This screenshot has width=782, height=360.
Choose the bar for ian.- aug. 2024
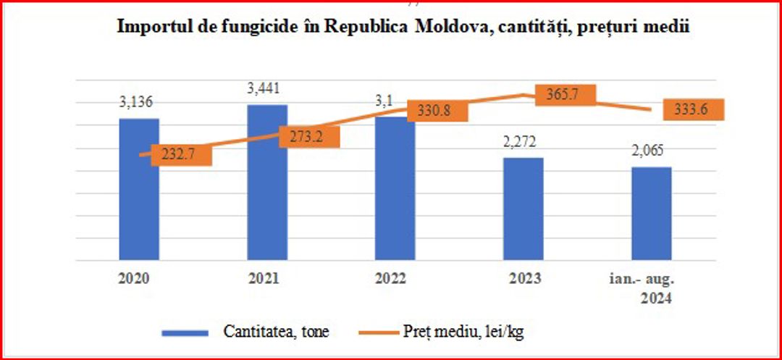(x=651, y=217)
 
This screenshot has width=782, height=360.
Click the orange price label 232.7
(x=182, y=156)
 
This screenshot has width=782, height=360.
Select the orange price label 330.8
(x=438, y=111)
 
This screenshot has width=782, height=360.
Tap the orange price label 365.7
(x=565, y=96)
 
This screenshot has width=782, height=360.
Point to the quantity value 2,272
(x=523, y=143)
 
